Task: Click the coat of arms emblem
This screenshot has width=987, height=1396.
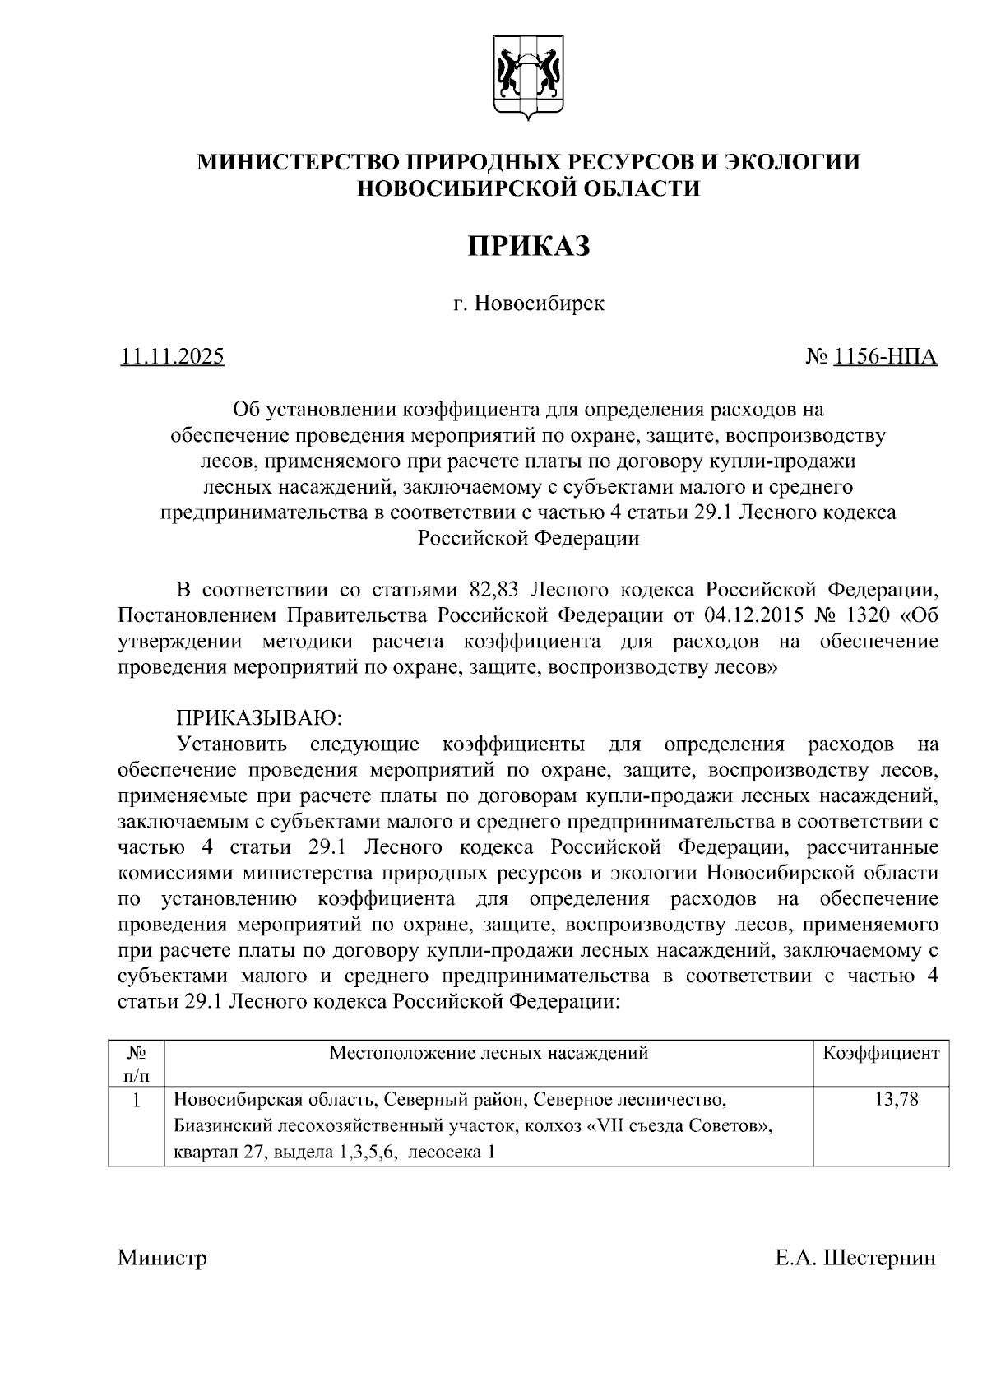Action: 529,79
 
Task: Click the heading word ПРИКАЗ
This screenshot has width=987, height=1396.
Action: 529,246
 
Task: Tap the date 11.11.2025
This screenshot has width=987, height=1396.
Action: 172,357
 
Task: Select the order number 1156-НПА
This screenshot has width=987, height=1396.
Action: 885,357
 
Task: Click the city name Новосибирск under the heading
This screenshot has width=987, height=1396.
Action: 540,304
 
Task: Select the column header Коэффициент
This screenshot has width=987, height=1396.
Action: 880,1053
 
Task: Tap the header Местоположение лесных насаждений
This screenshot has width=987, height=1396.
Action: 489,1053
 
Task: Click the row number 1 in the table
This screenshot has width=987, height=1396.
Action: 137,1099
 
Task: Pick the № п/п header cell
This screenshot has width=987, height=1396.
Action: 137,1064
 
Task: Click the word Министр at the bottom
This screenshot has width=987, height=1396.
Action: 162,1258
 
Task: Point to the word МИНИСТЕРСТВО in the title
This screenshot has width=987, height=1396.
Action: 288,161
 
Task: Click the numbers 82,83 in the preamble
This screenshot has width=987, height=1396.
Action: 494,590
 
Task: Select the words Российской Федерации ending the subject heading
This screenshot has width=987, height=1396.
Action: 529,538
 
